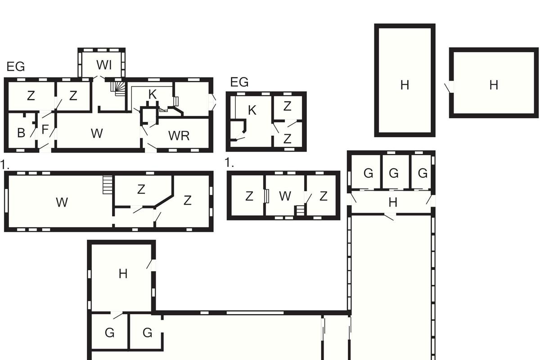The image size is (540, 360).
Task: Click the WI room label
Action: tap(104, 65)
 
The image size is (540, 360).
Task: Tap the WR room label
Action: tap(179, 136)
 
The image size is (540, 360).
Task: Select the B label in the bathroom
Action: tap(21, 133)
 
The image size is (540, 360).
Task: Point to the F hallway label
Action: tap(45, 130)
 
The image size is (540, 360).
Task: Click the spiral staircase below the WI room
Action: tap(118, 88)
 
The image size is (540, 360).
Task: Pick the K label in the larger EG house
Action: tap(153, 94)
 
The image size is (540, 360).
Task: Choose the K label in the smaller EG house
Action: tap(252, 110)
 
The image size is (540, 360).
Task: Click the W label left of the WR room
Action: tap(97, 133)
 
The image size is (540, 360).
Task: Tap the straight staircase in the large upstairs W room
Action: tap(108, 184)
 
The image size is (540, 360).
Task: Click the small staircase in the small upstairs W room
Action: tap(300, 210)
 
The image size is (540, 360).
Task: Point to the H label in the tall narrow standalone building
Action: tap(405, 85)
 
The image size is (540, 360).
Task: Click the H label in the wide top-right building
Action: tap(494, 85)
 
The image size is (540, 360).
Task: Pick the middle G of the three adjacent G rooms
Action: tap(394, 173)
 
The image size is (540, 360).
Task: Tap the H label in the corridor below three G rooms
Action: tap(393, 202)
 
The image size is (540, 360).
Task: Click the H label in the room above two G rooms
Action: tap(123, 274)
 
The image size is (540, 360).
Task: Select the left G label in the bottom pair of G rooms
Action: tap(110, 333)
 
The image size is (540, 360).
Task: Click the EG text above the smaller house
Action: tap(239, 82)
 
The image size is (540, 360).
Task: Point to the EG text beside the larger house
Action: tap(16, 67)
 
